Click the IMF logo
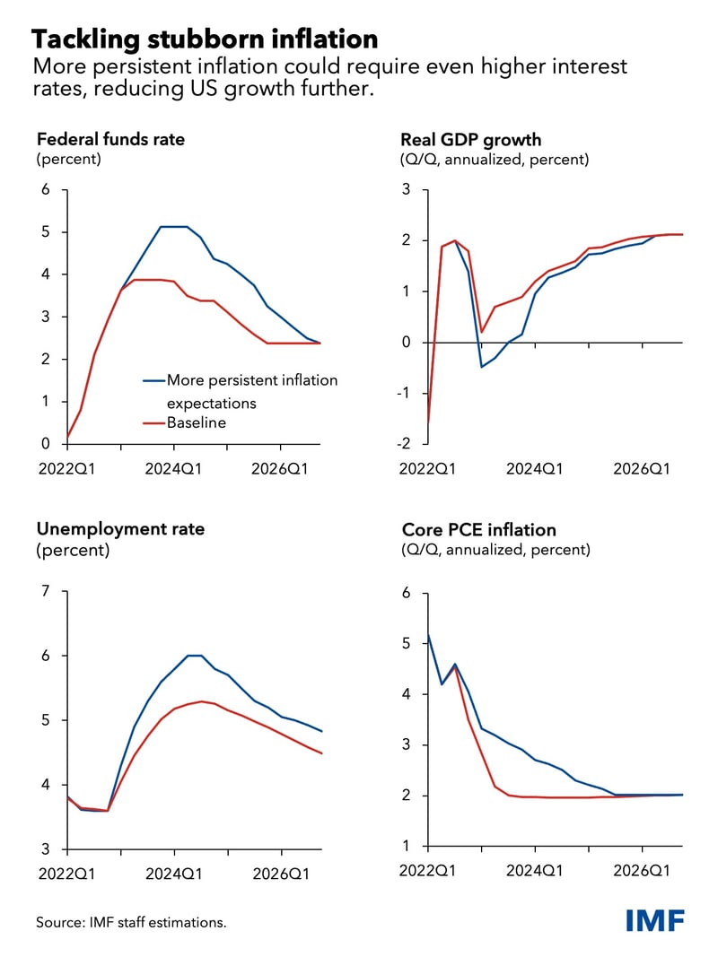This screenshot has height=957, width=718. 655,920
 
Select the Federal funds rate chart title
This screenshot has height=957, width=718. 110,139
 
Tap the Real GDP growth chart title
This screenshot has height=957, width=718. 471,139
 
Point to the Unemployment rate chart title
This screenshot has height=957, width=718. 120,529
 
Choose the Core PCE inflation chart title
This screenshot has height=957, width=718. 478,529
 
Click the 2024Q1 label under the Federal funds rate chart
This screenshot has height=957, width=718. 174,468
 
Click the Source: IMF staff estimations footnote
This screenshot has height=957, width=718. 131,921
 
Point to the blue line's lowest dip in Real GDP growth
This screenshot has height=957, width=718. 481,367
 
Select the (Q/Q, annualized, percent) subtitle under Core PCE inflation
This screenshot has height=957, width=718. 495,549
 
